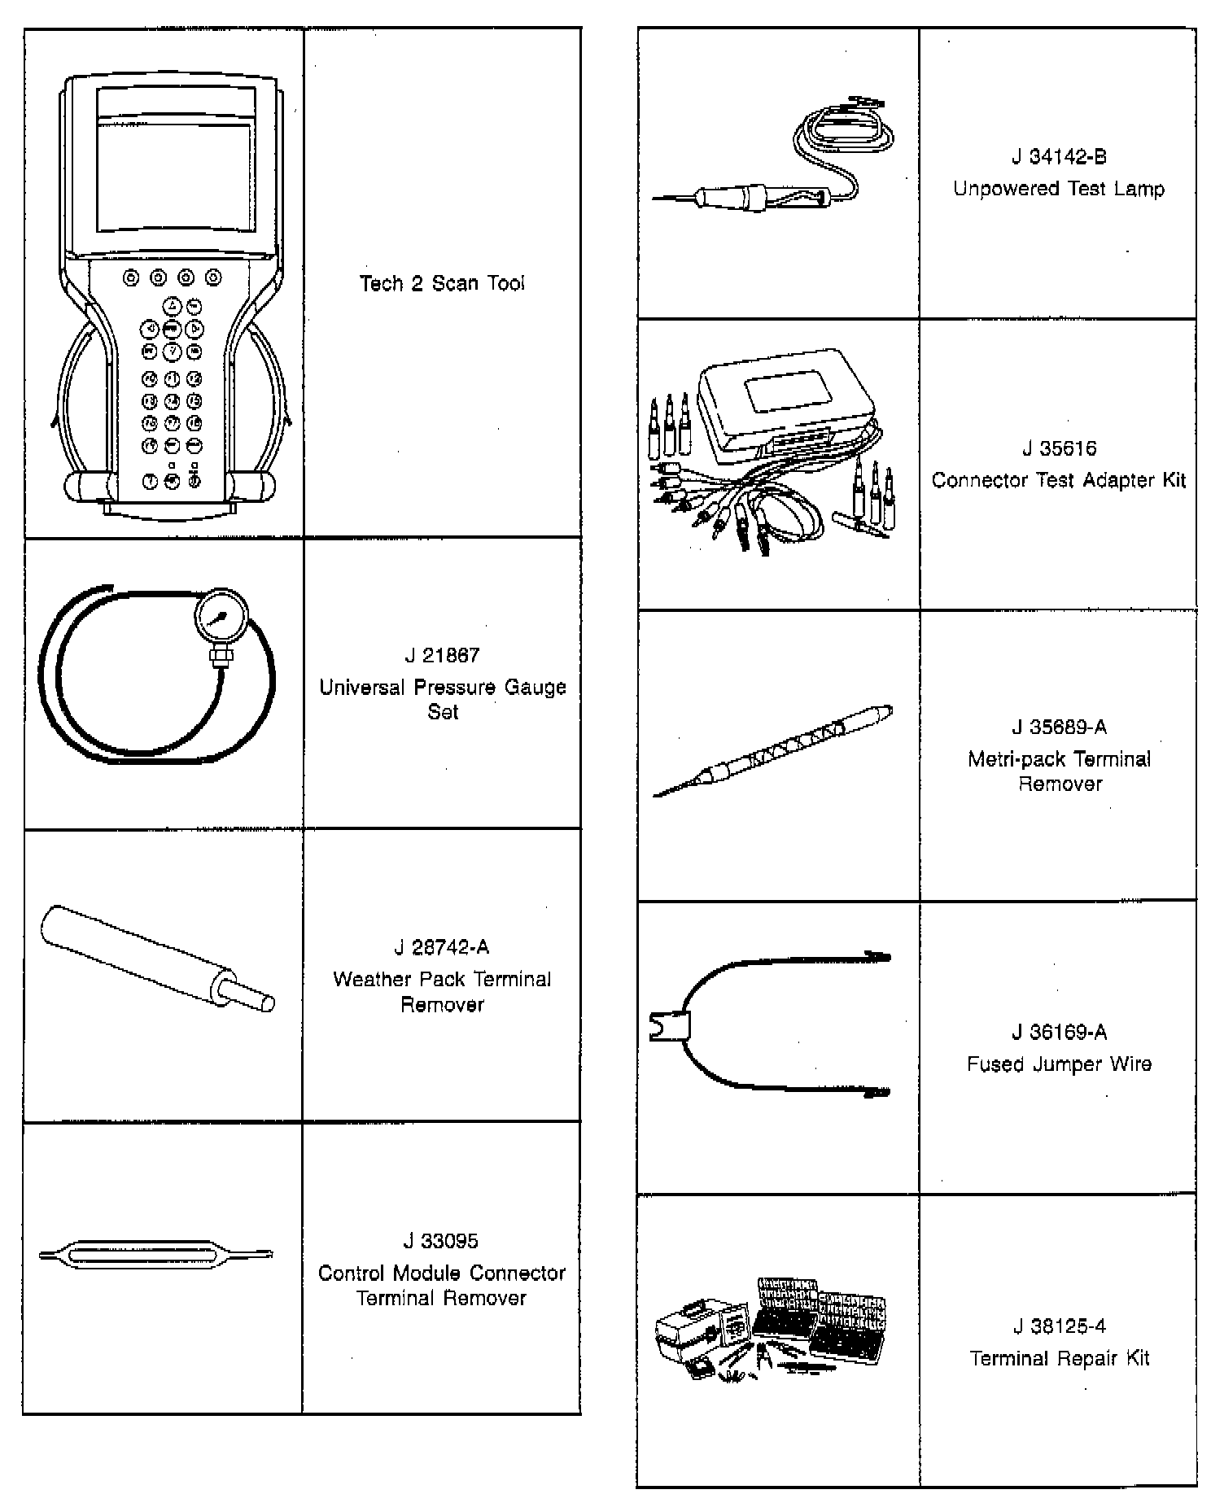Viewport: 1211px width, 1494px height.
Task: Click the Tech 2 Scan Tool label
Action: pos(442,283)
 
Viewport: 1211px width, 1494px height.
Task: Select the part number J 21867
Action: pos(442,655)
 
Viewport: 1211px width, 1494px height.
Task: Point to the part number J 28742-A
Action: pos(442,947)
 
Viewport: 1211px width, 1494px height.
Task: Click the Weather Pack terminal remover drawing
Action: pos(155,957)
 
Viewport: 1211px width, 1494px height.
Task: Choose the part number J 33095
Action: pos(442,1241)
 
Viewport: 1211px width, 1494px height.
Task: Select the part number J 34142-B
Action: pos(1059,157)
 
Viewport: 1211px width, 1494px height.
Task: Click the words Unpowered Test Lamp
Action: pos(1059,189)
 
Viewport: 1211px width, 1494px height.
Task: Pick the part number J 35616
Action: pos(1059,448)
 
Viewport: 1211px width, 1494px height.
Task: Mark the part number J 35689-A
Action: pos(1059,727)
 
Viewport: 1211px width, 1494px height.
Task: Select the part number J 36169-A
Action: pos(1059,1033)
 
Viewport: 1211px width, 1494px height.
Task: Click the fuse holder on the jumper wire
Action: pos(670,1027)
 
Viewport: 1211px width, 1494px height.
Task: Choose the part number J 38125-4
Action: pos(1059,1326)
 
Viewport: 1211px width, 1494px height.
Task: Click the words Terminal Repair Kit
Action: pos(1059,1358)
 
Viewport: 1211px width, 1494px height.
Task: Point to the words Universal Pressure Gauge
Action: pos(442,688)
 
